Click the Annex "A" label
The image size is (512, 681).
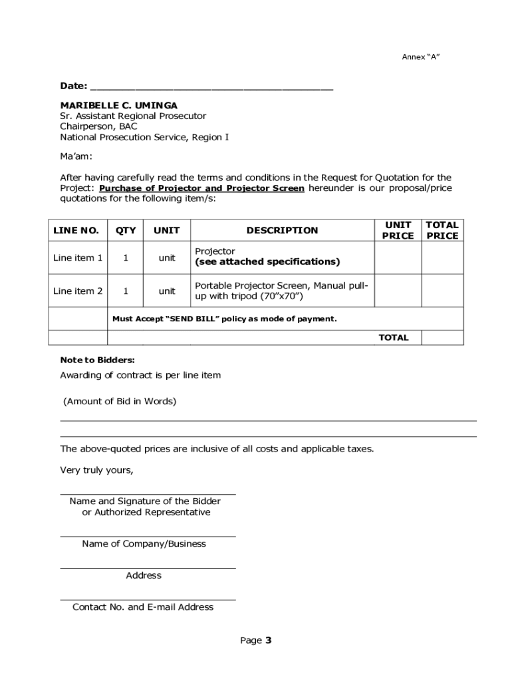click(420, 57)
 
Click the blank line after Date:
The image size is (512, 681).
click(211, 86)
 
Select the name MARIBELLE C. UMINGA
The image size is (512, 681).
click(118, 105)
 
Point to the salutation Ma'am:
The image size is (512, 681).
click(76, 156)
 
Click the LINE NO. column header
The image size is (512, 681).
click(76, 231)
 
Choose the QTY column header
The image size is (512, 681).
click(126, 231)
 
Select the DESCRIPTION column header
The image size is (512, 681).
click(282, 231)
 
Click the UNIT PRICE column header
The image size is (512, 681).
click(398, 230)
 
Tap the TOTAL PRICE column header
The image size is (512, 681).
click(442, 230)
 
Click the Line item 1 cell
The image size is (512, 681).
click(78, 258)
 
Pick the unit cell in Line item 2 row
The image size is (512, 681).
click(166, 291)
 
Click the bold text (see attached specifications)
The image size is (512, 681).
click(267, 262)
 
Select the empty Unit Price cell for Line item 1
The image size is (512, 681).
click(398, 258)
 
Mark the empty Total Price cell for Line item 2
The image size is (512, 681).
click(442, 291)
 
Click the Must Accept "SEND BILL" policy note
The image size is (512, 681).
click(224, 319)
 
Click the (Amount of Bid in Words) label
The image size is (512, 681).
click(120, 402)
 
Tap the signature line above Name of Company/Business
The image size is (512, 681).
click(148, 535)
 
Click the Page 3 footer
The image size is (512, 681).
click(256, 641)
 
